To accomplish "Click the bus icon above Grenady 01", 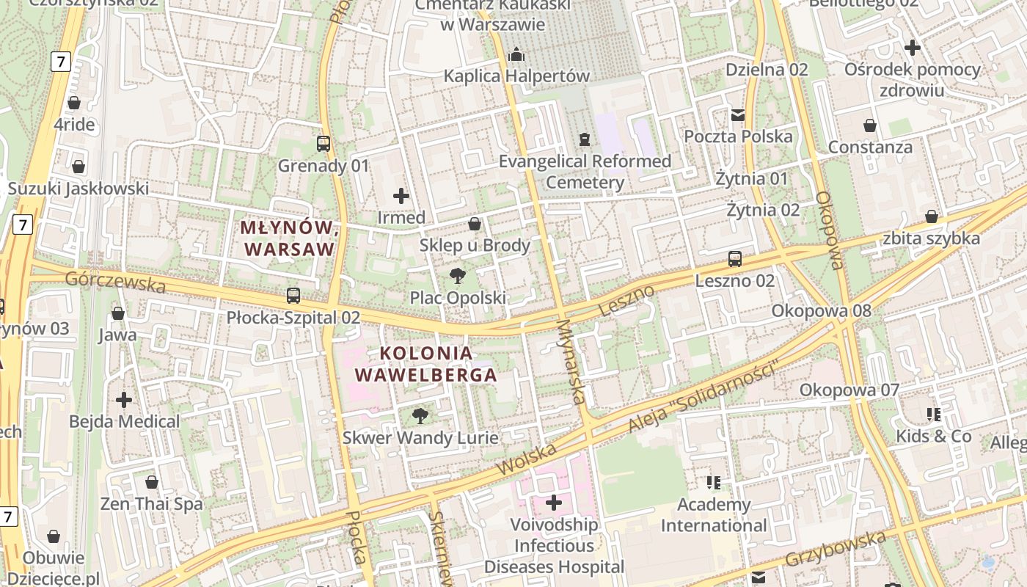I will click(324, 143).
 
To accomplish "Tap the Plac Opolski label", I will click(458, 298).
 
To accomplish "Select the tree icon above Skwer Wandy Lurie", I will click(420, 416).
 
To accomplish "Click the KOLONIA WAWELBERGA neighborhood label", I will click(426, 364).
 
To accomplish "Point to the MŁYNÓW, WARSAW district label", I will click(289, 238).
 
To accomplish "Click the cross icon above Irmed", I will click(401, 196).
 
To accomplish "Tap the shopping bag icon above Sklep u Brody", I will click(475, 224).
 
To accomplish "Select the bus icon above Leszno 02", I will click(735, 259).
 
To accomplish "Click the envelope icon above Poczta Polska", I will click(738, 115).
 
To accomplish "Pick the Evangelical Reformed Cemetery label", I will click(585, 172).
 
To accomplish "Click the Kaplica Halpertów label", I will click(516, 76).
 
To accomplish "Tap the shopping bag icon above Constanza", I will click(870, 125).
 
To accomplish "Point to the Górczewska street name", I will click(115, 282).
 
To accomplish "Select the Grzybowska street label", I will click(836, 549).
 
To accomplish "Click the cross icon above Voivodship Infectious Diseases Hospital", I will click(555, 503).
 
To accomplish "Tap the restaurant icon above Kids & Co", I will click(934, 415).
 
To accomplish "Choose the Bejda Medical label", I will click(124, 421).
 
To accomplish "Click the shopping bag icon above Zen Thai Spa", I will click(152, 482).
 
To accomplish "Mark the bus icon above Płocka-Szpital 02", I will click(293, 296).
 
